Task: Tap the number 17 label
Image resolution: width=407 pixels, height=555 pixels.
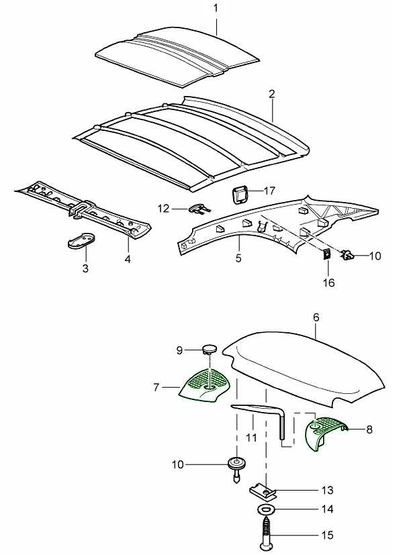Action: [269, 191]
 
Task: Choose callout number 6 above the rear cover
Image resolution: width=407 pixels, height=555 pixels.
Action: [316, 315]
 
